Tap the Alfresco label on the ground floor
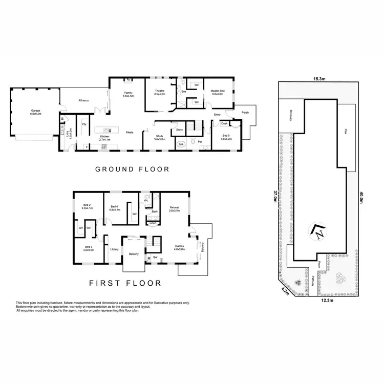point(84,101)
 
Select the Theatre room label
point(160,92)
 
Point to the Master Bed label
point(218,92)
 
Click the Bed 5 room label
point(226,137)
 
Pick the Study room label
point(159,137)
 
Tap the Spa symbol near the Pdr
point(181,144)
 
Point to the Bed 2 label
point(87,207)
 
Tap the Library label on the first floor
point(114,249)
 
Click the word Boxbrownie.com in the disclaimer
point(29,307)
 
